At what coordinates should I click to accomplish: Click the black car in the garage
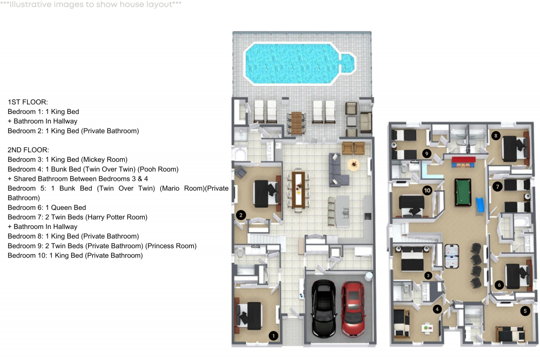(324, 310)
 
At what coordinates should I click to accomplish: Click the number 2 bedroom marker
(241, 215)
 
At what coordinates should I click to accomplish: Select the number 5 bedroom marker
(525, 310)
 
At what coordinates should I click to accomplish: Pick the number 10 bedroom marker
(427, 190)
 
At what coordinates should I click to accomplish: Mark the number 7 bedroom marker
(497, 186)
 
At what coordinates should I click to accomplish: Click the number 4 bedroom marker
(437, 309)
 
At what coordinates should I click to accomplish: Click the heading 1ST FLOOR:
(28, 102)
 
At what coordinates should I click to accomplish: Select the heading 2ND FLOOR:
(29, 150)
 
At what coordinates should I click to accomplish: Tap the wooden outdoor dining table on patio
(296, 123)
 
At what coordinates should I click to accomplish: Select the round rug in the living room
(354, 164)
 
